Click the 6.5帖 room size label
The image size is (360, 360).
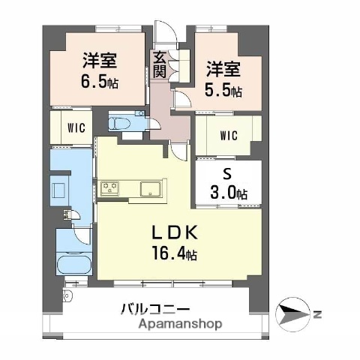coord(100,79)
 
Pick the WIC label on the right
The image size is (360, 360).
coord(229,136)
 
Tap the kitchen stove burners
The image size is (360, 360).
coord(111,187)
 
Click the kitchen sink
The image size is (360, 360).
coord(150,187)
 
